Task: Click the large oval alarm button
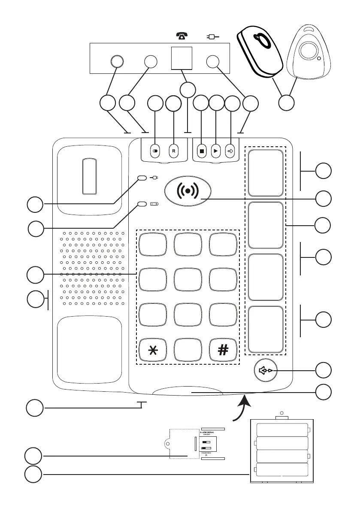click(188, 190)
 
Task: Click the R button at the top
click(174, 151)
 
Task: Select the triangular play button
click(216, 151)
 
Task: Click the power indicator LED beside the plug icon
click(142, 178)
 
